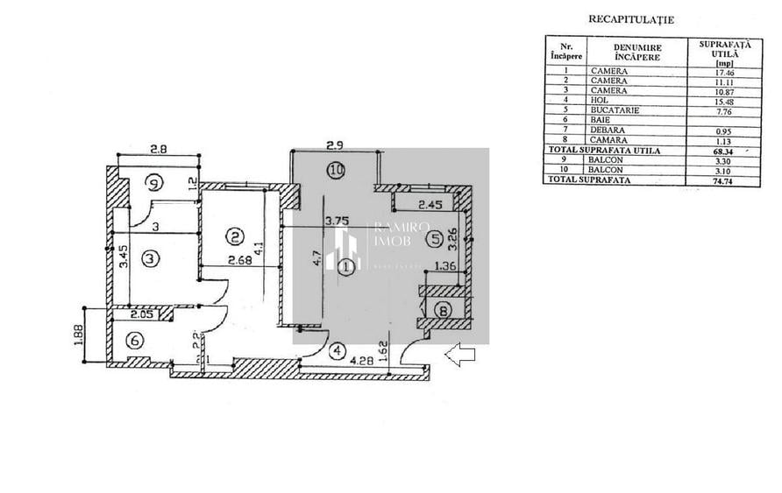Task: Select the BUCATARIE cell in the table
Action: tap(615, 110)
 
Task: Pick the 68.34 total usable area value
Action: tap(724, 151)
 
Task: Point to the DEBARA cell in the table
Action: tap(608, 130)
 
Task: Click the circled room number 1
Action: tap(347, 265)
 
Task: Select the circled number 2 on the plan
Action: tap(234, 236)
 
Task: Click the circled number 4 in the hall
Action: tap(338, 351)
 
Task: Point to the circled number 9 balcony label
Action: tap(153, 184)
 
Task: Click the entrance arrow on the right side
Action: tap(460, 355)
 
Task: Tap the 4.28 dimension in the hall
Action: tap(365, 360)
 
